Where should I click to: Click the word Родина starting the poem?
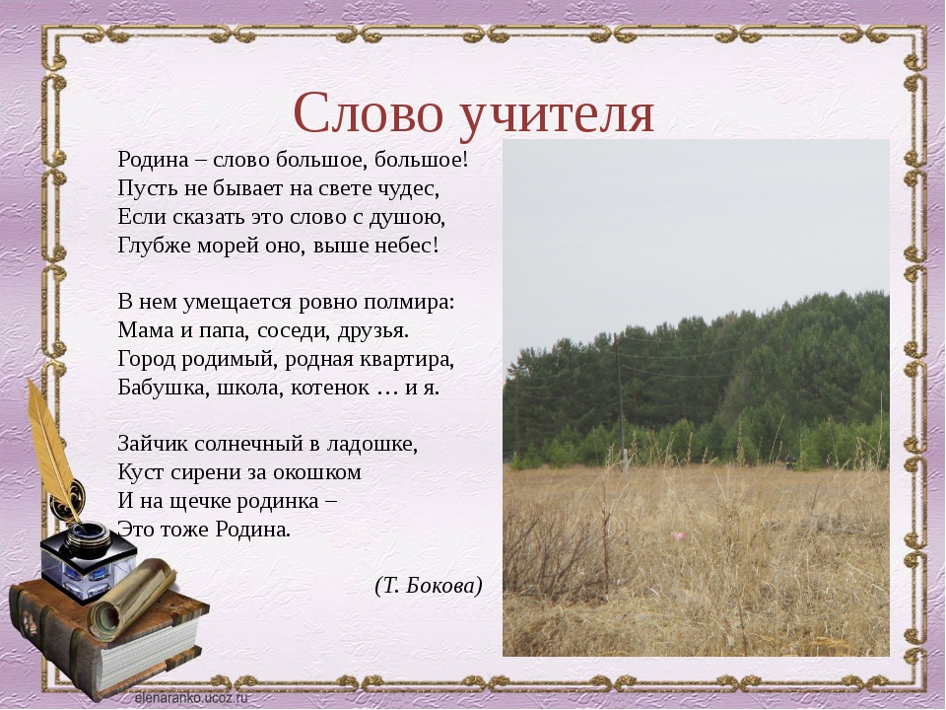click(154, 160)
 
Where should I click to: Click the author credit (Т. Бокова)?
click(429, 586)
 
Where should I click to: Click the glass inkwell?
click(88, 560)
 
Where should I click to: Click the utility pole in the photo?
click(620, 403)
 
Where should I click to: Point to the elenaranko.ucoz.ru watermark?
click(191, 698)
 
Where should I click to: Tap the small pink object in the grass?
click(679, 536)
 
